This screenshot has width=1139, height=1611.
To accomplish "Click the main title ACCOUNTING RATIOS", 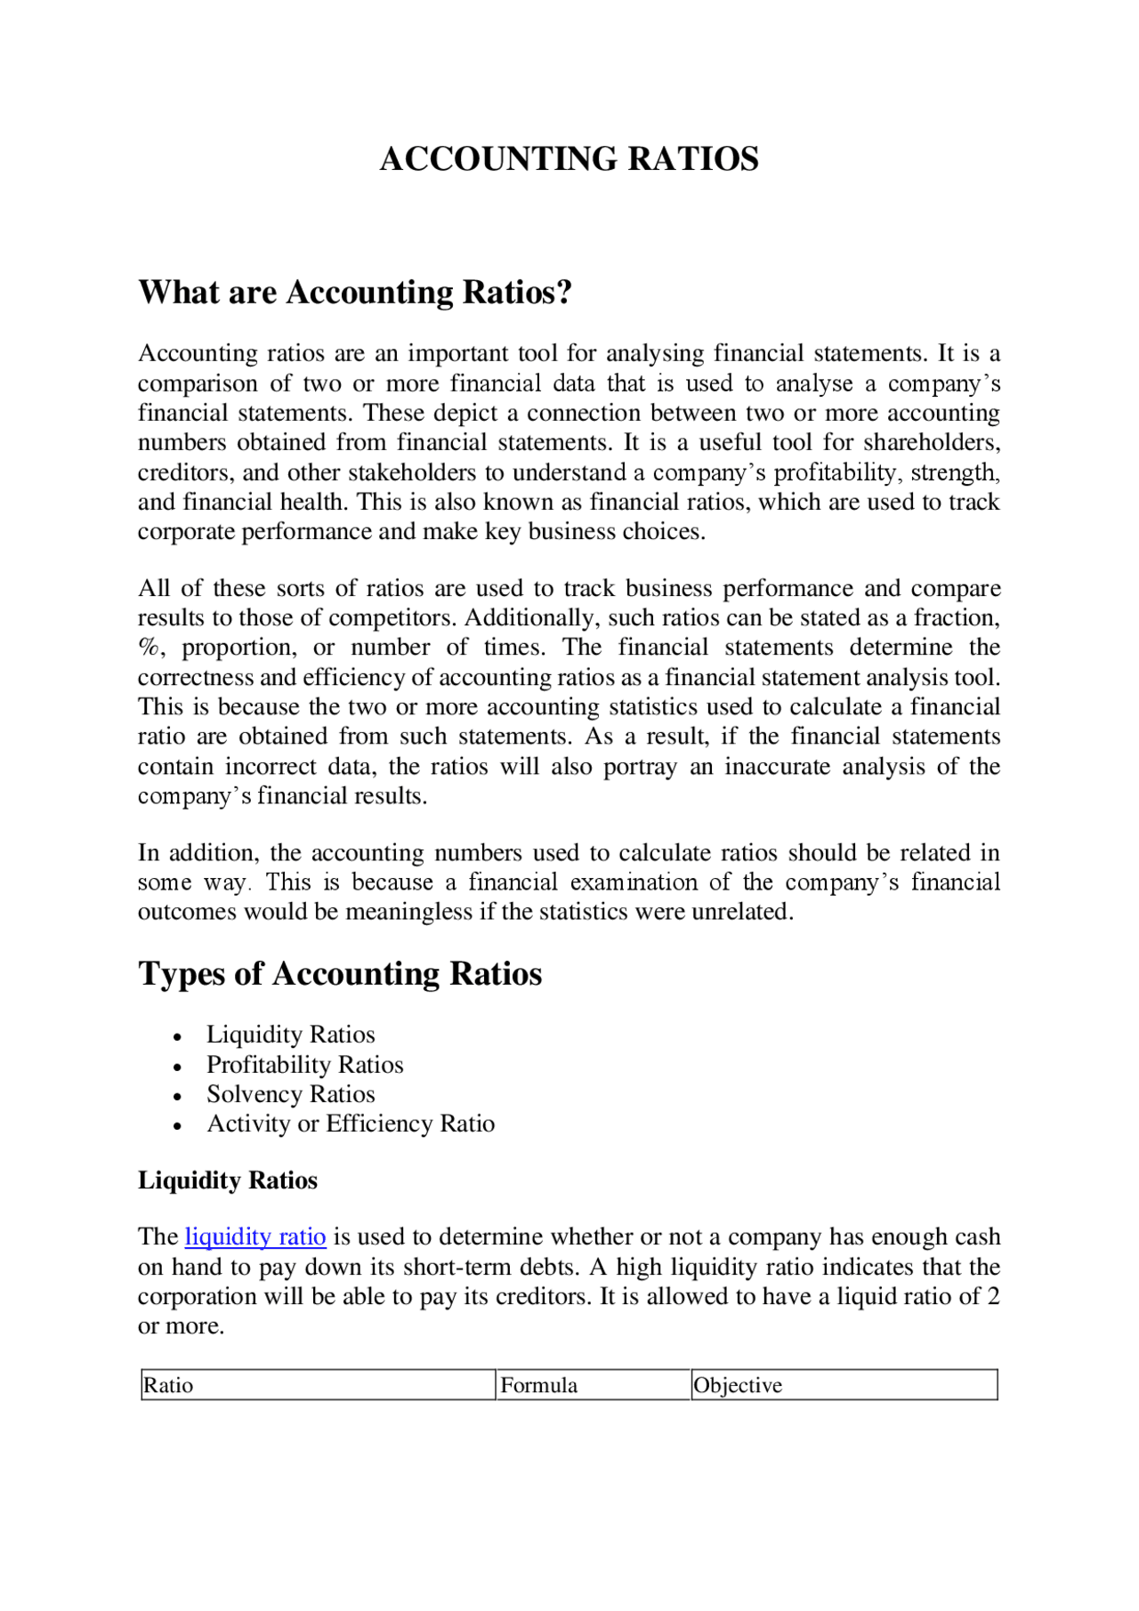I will [569, 159].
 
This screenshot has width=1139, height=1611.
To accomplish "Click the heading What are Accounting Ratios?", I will [354, 293].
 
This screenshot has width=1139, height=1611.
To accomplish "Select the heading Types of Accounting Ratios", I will [340, 973].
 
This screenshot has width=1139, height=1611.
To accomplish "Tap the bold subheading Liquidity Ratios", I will [227, 1180].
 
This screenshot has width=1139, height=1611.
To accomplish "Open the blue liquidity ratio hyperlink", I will [255, 1237].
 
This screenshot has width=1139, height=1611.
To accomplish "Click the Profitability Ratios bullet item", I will [304, 1065].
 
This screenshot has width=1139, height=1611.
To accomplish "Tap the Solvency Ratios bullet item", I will [290, 1094].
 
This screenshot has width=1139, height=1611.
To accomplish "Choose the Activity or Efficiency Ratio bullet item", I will [351, 1124].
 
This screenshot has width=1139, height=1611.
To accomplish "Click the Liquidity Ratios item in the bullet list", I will [290, 1035].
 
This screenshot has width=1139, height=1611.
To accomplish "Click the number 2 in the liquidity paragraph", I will [993, 1297].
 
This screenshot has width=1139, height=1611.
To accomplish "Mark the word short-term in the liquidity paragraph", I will [458, 1267].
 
